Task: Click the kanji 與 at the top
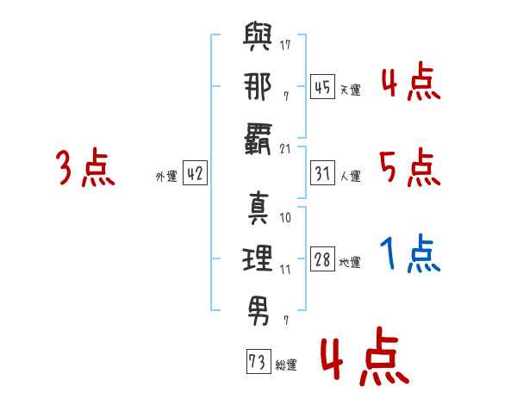click(x=258, y=36)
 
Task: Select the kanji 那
click(x=258, y=86)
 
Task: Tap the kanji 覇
click(x=258, y=139)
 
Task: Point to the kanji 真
click(x=258, y=209)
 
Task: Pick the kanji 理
click(x=258, y=259)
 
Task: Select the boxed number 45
click(x=322, y=87)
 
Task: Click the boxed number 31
click(x=322, y=173)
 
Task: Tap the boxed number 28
click(x=322, y=259)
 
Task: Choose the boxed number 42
click(x=195, y=172)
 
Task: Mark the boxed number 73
click(x=258, y=361)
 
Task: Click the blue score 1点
click(x=410, y=253)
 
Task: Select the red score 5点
click(x=410, y=167)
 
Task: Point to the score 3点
click(x=85, y=167)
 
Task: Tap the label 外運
click(x=166, y=177)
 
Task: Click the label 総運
click(x=286, y=365)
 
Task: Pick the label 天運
click(x=350, y=90)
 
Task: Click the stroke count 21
click(x=285, y=149)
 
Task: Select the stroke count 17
click(x=285, y=45)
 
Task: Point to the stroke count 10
click(x=285, y=218)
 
